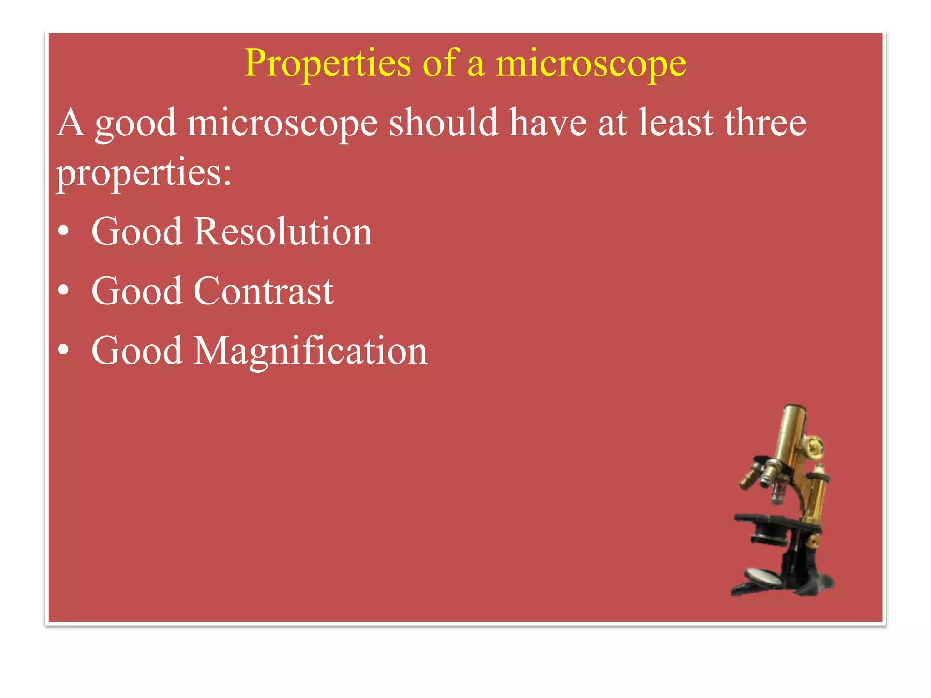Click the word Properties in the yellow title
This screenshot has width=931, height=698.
click(327, 64)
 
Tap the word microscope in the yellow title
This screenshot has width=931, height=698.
click(591, 64)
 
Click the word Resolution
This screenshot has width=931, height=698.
click(283, 232)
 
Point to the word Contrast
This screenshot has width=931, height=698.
click(264, 291)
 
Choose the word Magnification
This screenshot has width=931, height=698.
click(310, 351)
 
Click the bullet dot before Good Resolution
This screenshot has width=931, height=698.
click(64, 231)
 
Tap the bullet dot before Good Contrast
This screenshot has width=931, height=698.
click(64, 291)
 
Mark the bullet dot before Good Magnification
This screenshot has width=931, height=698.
click(64, 350)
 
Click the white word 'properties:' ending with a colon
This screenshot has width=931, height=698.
click(144, 173)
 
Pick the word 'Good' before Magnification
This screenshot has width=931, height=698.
click(137, 351)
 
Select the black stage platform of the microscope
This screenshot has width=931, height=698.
click(764, 520)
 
